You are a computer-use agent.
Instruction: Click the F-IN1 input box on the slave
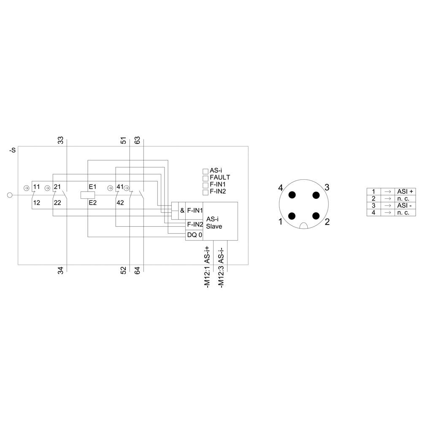[x=195, y=211]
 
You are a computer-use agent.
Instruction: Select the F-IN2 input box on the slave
[x=195, y=224]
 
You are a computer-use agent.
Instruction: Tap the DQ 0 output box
[x=195, y=235]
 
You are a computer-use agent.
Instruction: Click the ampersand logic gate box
[x=182, y=211]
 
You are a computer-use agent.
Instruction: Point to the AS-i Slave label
[x=214, y=222]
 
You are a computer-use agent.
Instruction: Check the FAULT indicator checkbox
[x=206, y=178]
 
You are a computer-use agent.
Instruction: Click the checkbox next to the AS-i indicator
[x=206, y=171]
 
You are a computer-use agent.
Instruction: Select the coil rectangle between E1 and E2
[x=87, y=195]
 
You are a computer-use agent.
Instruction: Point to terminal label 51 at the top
[x=123, y=141]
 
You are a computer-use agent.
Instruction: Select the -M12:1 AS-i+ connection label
[x=207, y=267]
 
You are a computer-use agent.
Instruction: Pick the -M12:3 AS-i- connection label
[x=221, y=267]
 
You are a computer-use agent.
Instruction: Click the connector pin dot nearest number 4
[x=292, y=195]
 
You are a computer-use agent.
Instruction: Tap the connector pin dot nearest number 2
[x=315, y=216]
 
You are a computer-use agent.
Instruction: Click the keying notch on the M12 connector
[x=303, y=226]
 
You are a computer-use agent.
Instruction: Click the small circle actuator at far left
[x=11, y=195]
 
